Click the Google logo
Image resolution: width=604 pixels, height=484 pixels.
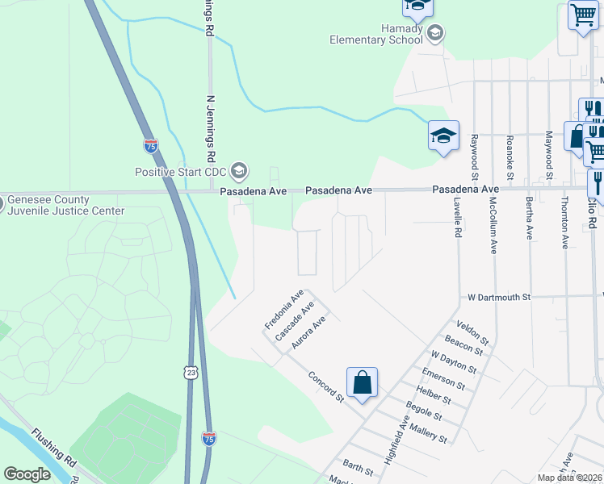tap(27, 474)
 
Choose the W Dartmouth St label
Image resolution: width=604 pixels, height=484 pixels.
tap(499, 297)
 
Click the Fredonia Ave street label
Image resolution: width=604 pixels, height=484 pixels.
tap(283, 309)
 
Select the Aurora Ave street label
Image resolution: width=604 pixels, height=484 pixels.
tap(308, 332)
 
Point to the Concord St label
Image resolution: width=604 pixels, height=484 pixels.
tap(326, 386)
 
